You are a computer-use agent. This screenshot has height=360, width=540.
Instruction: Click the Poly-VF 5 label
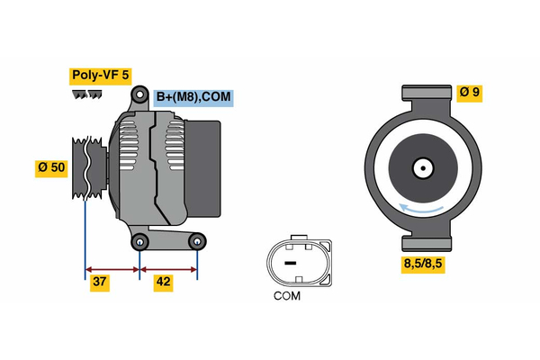pos(101,76)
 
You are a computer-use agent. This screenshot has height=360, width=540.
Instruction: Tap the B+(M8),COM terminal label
pos(193,97)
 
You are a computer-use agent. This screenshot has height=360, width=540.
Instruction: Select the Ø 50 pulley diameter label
pos(51,168)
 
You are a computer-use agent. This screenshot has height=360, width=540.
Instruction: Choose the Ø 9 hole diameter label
pos(470,91)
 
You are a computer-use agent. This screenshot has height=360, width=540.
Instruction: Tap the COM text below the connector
pos(287,294)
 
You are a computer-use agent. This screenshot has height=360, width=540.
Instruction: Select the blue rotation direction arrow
pos(423,209)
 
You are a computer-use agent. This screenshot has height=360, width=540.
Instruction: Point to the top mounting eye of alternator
pos(139,94)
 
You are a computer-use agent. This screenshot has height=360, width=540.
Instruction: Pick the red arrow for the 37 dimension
pos(112,268)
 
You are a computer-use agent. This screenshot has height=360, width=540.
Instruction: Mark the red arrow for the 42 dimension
pos(168,268)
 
